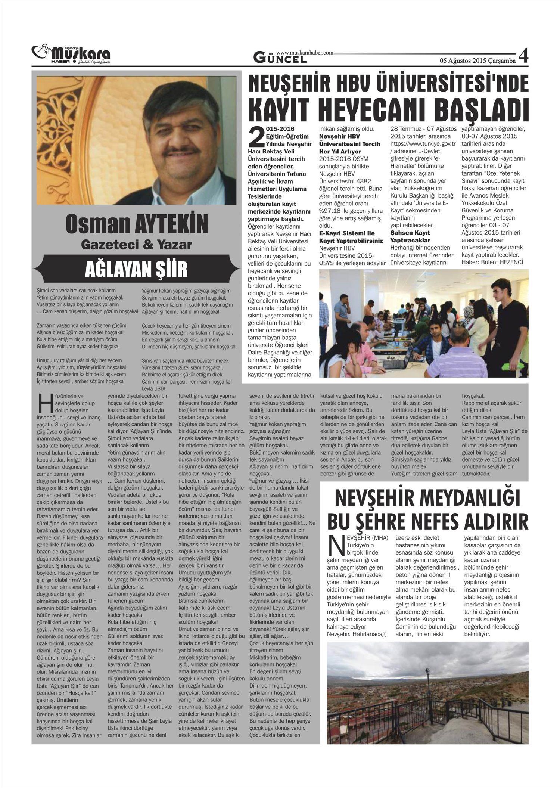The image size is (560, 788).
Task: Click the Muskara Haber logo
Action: (x=71, y=55)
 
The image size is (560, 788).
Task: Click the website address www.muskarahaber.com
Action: (x=304, y=53)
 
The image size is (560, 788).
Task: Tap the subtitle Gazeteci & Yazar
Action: (x=137, y=245)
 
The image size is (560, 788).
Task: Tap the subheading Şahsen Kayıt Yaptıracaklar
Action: (x=410, y=236)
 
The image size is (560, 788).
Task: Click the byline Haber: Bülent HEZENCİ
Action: (x=492, y=262)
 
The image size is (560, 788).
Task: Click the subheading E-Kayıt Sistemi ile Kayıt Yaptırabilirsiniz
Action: (x=351, y=237)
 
